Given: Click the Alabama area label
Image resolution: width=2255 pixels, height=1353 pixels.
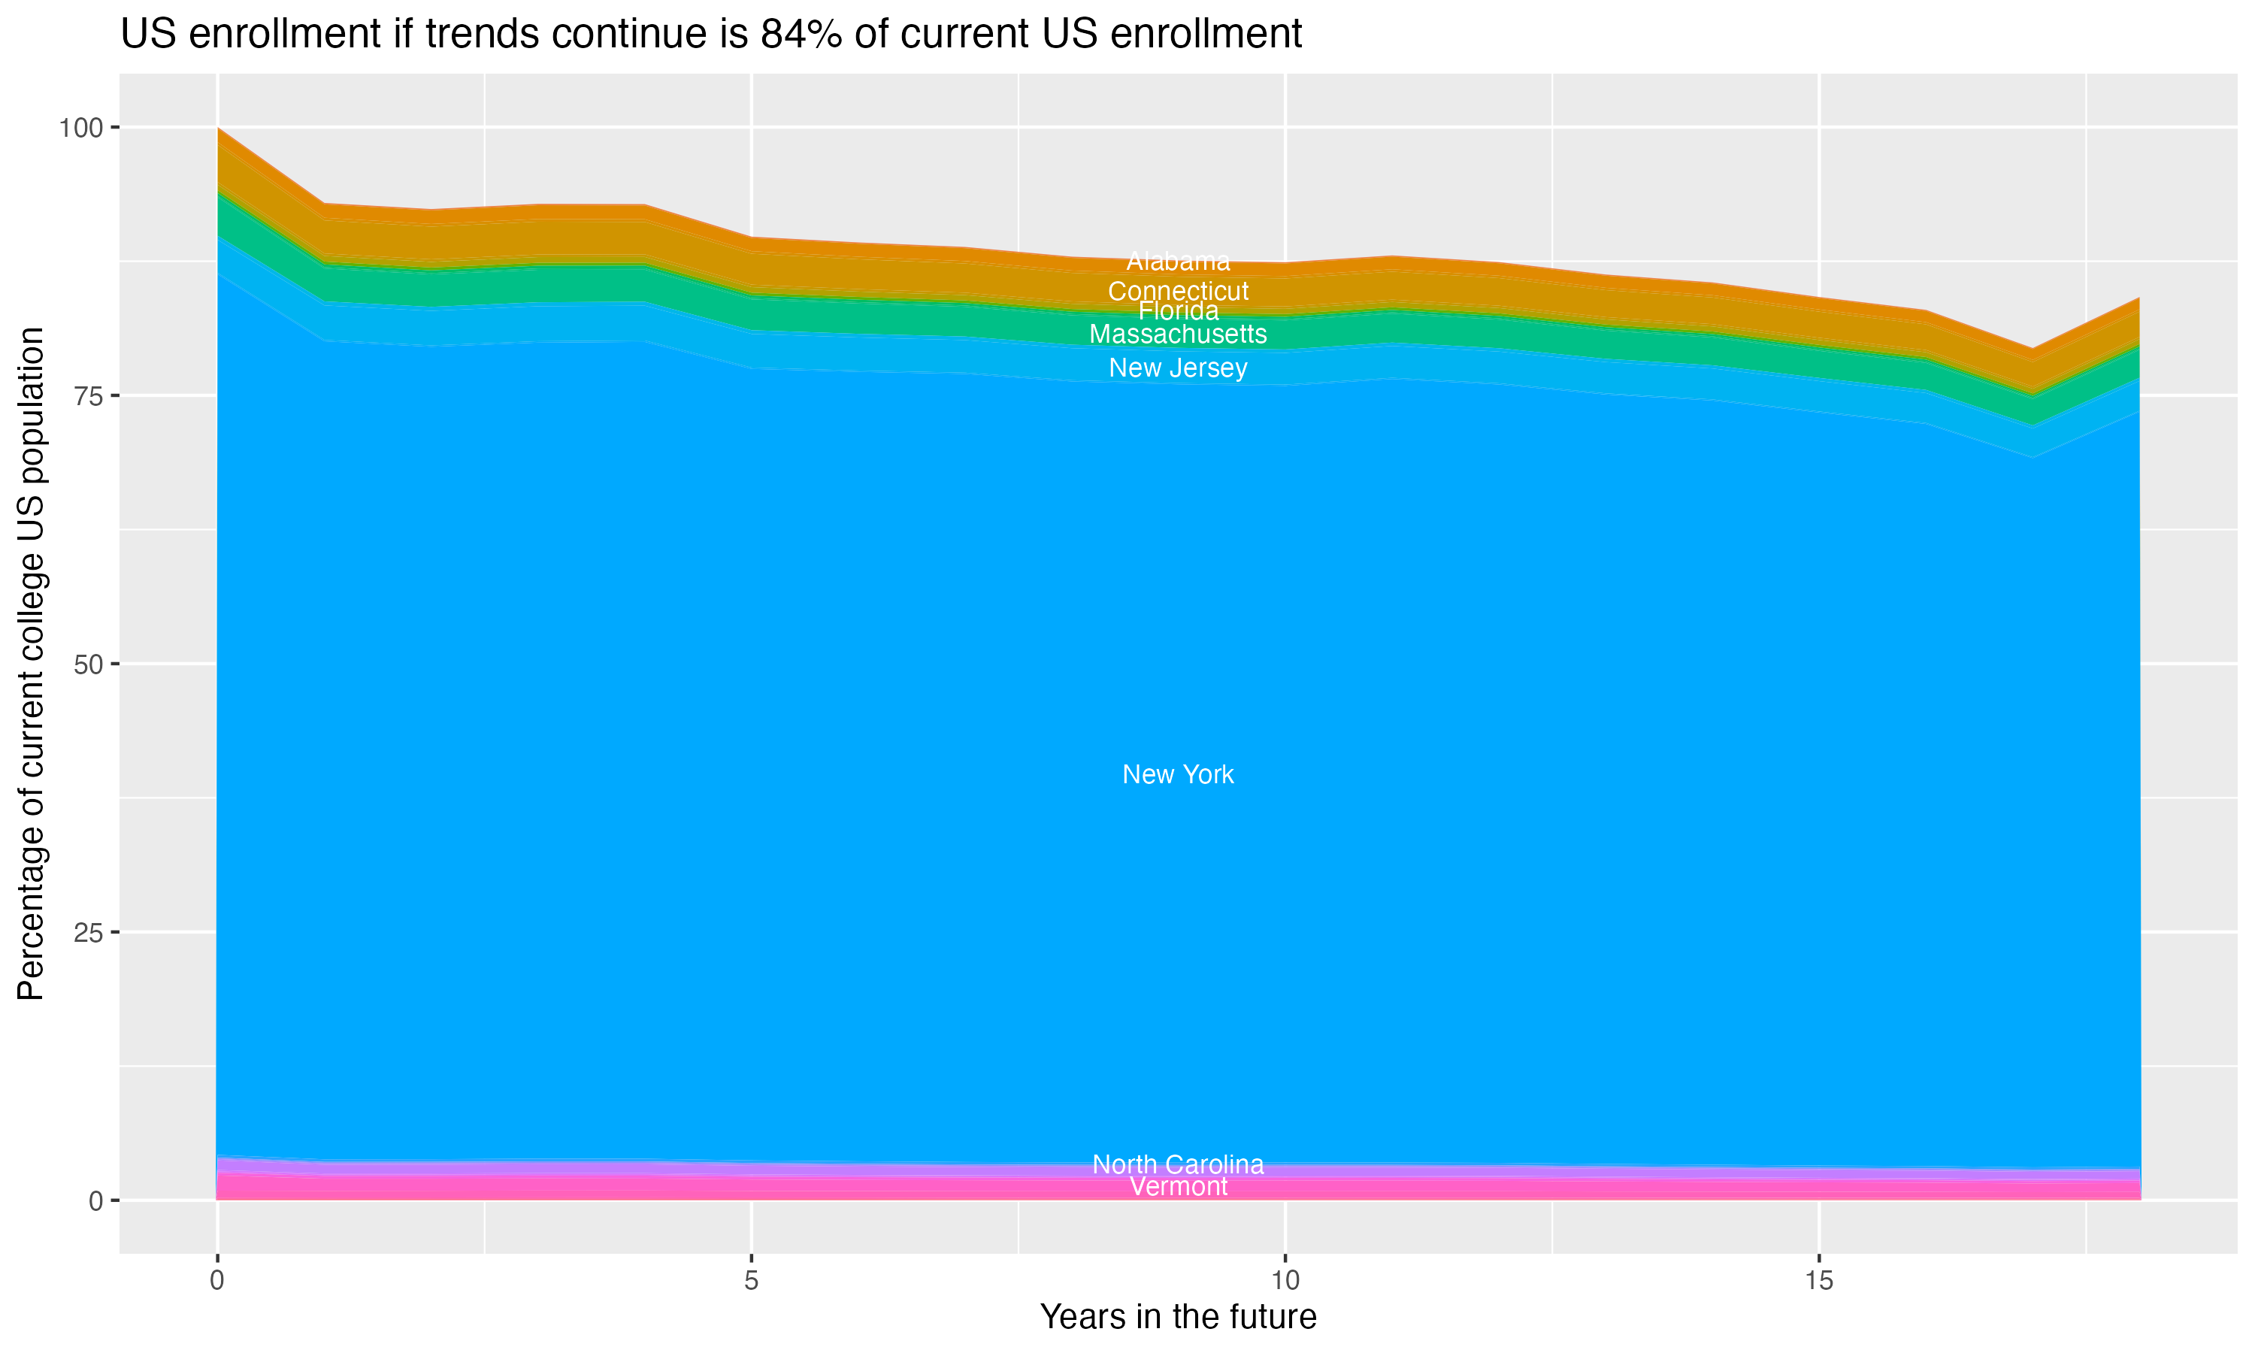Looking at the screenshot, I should [1178, 262].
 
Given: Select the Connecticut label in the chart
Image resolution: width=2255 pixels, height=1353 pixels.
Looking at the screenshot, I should [1178, 292].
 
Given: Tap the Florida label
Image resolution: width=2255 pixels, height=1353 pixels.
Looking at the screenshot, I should [1178, 311].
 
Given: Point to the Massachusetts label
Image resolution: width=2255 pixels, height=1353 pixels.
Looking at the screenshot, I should [1178, 334].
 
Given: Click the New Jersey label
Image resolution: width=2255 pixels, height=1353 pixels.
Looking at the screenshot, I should [1178, 368].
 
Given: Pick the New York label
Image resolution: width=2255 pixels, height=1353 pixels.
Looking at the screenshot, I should [1178, 775].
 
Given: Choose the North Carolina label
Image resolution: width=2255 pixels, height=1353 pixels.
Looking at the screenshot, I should [1178, 1164].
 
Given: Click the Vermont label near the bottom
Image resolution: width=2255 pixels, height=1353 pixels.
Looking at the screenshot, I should [1178, 1187].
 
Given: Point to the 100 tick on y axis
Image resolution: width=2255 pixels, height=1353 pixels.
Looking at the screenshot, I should [80, 128].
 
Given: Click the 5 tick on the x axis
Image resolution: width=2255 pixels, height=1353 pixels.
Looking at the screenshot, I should [751, 1281].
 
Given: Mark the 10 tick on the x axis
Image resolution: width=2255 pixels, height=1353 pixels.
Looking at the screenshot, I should [1285, 1281].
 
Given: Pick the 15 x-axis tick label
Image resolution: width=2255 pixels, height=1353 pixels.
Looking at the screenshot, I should [1818, 1281].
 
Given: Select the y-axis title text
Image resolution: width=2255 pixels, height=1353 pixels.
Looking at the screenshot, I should [31, 664].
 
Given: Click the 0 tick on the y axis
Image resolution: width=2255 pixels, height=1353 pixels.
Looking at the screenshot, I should [95, 1200].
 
